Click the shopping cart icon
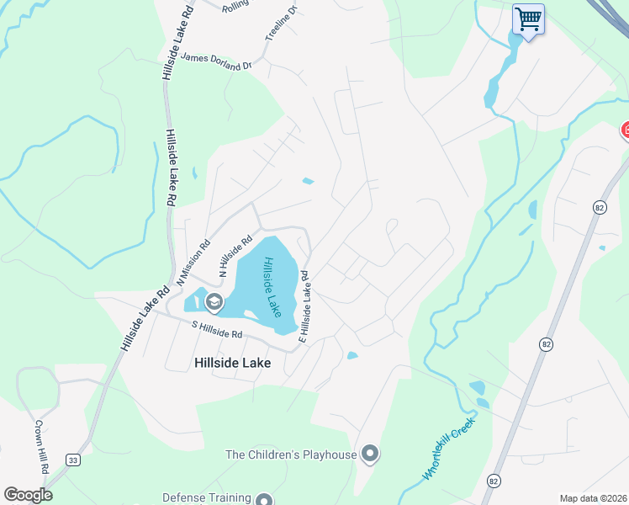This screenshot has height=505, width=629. point(528,19)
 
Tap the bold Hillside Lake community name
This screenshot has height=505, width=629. point(232,363)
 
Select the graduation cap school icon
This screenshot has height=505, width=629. point(214,300)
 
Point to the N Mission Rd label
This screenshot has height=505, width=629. point(193,261)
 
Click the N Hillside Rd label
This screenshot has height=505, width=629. point(235,257)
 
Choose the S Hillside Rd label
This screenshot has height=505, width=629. point(217,329)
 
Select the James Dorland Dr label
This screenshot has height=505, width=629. point(217,61)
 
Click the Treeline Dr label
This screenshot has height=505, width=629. point(281,24)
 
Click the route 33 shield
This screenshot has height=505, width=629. point(73,460)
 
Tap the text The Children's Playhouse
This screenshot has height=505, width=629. point(291,455)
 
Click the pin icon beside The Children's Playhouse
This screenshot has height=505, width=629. point(370,455)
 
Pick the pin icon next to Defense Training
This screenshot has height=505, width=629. point(265,499)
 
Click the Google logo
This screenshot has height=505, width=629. point(29,495)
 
